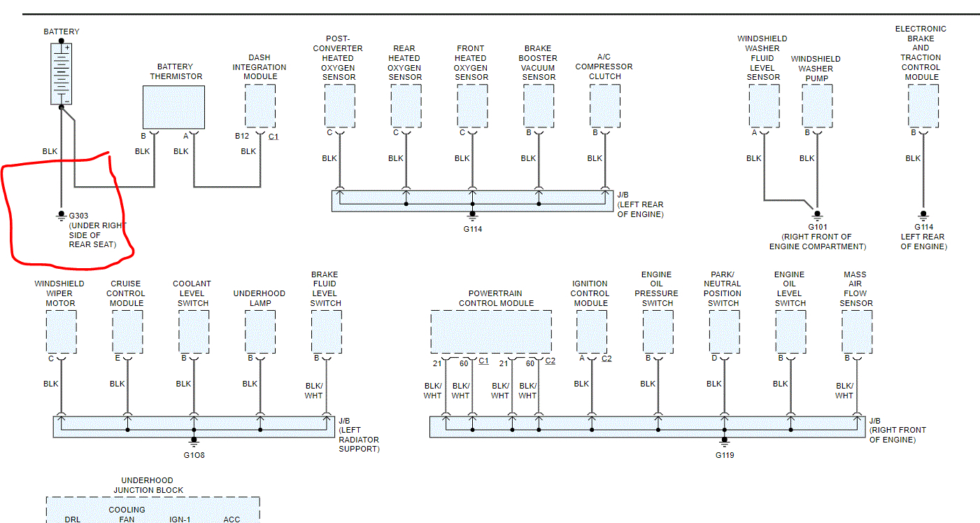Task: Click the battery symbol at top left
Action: (x=62, y=74)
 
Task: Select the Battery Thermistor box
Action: (x=173, y=107)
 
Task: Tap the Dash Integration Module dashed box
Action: (x=260, y=106)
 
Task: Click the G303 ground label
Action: (x=79, y=216)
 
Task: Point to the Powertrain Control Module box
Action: (x=490, y=332)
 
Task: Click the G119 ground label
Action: (x=725, y=454)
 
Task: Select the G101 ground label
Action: (x=817, y=227)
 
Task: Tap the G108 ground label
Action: (x=194, y=454)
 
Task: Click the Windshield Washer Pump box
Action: (x=816, y=106)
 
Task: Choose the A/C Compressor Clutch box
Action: (x=604, y=106)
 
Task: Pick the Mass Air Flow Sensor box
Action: (x=856, y=332)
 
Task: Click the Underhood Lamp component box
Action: (x=260, y=332)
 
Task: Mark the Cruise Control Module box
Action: (x=127, y=332)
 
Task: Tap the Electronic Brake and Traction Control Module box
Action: (x=923, y=106)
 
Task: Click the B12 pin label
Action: (x=242, y=136)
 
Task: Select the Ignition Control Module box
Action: (x=591, y=332)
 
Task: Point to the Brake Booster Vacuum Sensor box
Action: (x=539, y=106)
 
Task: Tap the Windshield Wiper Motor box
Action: (x=61, y=332)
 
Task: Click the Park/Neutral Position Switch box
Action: (x=724, y=332)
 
